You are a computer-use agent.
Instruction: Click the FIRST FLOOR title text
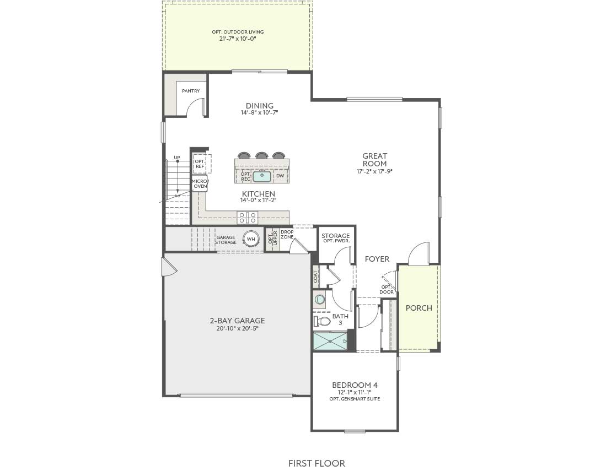[316, 463]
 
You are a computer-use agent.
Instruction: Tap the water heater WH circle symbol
[251, 239]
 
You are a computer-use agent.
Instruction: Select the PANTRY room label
[191, 91]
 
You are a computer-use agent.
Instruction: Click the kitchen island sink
[262, 176]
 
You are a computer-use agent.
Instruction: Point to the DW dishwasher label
[280, 176]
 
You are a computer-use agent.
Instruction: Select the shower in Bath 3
[330, 341]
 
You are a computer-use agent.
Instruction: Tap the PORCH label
[419, 308]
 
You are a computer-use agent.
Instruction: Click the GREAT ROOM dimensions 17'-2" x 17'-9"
[374, 171]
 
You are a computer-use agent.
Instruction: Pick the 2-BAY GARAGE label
[237, 321]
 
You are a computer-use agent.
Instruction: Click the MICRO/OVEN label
[199, 183]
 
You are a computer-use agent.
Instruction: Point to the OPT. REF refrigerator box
[200, 164]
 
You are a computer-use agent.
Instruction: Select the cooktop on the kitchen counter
[247, 217]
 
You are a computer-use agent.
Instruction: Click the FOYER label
[377, 259]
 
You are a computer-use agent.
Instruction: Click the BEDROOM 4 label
[355, 385]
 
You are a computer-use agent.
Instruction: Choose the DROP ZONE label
[287, 234]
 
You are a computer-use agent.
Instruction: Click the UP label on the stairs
[177, 158]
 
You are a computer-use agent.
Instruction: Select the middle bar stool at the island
[261, 156]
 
